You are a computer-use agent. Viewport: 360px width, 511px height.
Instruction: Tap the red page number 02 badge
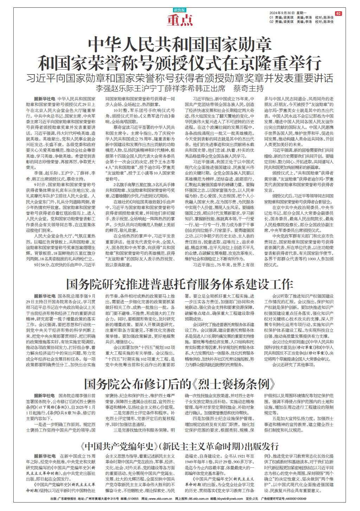coord(338,13)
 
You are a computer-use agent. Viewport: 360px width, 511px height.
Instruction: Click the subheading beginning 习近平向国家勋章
coord(180,78)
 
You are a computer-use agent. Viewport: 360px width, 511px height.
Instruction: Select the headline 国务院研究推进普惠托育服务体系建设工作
coord(180,283)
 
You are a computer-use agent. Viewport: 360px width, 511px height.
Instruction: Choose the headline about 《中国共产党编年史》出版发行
coord(180,447)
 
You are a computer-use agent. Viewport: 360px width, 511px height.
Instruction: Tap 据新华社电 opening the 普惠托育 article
coord(44,296)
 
